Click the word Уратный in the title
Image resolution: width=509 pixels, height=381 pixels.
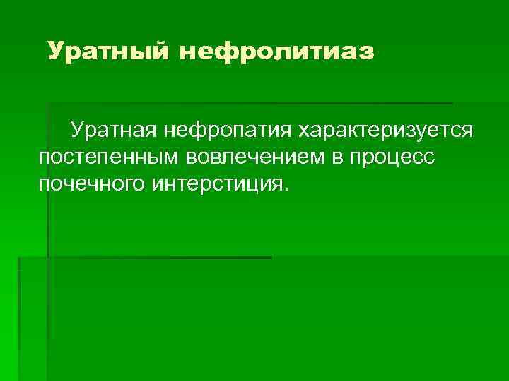[x=107, y=52]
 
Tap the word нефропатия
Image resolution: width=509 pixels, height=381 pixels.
[x=228, y=131]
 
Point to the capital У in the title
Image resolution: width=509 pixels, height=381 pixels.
[x=57, y=52]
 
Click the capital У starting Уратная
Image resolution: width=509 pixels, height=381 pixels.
[x=76, y=131]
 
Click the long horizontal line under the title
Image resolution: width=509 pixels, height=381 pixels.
[x=247, y=103]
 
